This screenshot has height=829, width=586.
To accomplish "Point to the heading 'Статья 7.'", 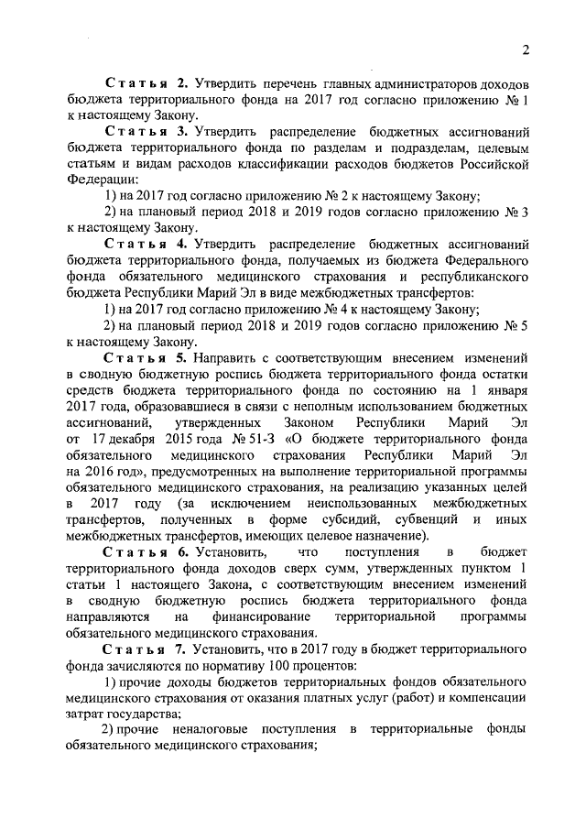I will pyautogui.click(x=145, y=648).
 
